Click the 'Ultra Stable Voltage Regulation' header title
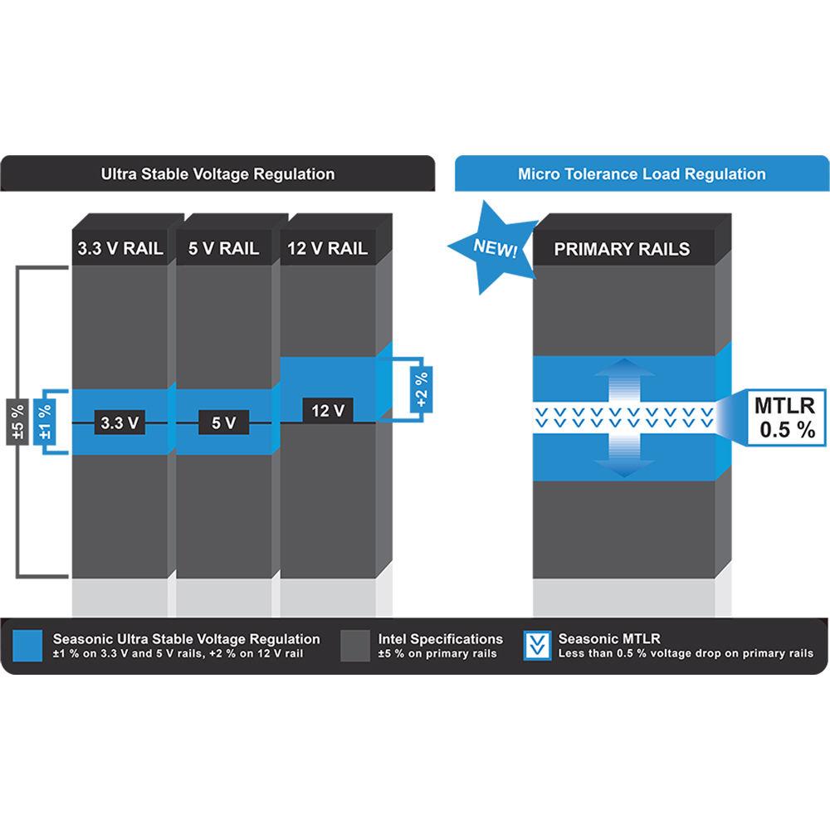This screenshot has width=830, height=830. (217, 174)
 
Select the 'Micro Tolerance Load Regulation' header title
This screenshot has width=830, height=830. (642, 174)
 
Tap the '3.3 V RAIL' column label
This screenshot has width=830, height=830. (120, 248)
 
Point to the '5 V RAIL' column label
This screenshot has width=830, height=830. (223, 248)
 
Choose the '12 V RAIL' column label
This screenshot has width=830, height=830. (327, 248)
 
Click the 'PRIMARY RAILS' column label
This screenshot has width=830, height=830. (622, 249)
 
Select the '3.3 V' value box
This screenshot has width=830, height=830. (120, 422)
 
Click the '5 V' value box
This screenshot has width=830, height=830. (223, 422)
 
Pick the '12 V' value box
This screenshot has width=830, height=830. (327, 410)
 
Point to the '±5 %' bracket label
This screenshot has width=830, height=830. (17, 422)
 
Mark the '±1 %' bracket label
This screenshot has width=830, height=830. (46, 422)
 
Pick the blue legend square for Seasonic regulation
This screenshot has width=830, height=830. (28, 646)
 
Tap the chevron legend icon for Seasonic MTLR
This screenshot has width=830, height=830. (538, 646)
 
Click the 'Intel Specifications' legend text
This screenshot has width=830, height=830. (441, 639)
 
